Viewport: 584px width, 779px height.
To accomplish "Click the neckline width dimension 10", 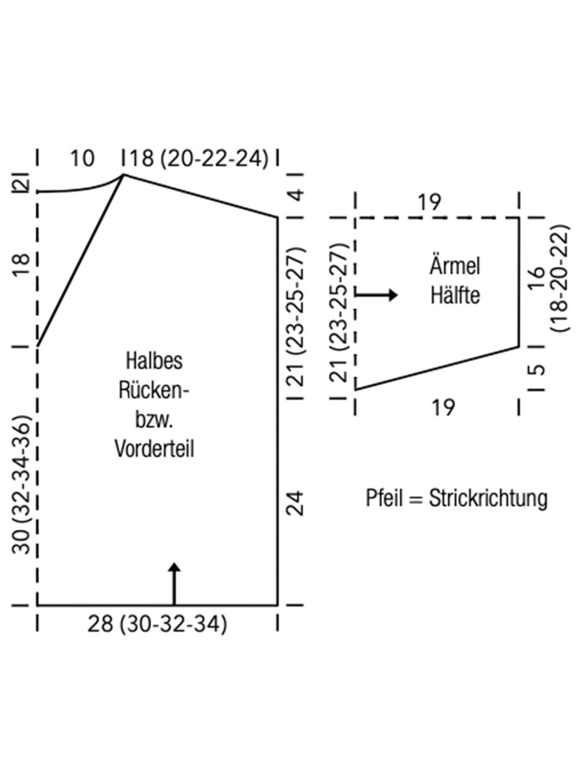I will (x=82, y=159).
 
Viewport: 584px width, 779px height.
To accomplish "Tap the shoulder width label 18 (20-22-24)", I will (x=198, y=159).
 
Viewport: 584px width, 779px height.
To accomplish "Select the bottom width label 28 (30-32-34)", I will (x=157, y=624).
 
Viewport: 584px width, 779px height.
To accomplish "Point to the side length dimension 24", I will (x=294, y=503).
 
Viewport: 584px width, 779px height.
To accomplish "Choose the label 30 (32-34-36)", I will (x=22, y=484).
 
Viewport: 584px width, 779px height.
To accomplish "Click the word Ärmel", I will (x=455, y=266).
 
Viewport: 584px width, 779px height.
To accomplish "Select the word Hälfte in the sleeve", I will (x=455, y=295).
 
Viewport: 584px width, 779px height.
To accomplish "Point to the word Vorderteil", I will (x=154, y=448).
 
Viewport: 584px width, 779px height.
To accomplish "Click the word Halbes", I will (x=154, y=361).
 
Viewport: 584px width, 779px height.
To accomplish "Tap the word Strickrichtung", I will (x=488, y=498).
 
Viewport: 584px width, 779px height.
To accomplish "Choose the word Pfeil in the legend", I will (x=384, y=498).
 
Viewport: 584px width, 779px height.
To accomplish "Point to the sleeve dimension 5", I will (x=539, y=371).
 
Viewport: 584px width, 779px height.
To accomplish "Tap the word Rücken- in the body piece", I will (x=154, y=390).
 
